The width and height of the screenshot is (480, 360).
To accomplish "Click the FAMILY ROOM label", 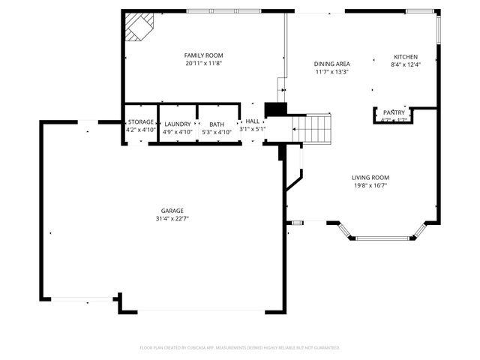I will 203,55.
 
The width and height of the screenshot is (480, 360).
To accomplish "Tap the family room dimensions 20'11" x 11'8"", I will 203,64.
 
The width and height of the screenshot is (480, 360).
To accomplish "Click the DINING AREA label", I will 331,64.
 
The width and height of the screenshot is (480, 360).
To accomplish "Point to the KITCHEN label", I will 406,56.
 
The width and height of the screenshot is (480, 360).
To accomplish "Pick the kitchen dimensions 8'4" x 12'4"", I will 406,64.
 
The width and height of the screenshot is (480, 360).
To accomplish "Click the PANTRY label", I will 394,112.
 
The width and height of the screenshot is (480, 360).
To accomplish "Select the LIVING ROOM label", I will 370,178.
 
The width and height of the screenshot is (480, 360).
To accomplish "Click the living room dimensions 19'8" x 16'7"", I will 370,186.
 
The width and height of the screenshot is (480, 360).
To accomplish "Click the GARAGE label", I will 172,211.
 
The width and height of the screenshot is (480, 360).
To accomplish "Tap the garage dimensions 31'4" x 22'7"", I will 172,219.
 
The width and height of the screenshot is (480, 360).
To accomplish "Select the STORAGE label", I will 141,121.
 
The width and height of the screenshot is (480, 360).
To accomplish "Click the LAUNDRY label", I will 178,124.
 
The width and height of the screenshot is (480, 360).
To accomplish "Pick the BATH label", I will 217,124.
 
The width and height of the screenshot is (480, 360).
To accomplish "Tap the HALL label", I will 253,121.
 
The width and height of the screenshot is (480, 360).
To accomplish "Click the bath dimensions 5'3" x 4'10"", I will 217,132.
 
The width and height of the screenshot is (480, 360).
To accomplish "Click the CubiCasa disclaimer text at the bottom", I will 240,347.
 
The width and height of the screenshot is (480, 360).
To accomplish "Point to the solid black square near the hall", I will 276,109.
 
